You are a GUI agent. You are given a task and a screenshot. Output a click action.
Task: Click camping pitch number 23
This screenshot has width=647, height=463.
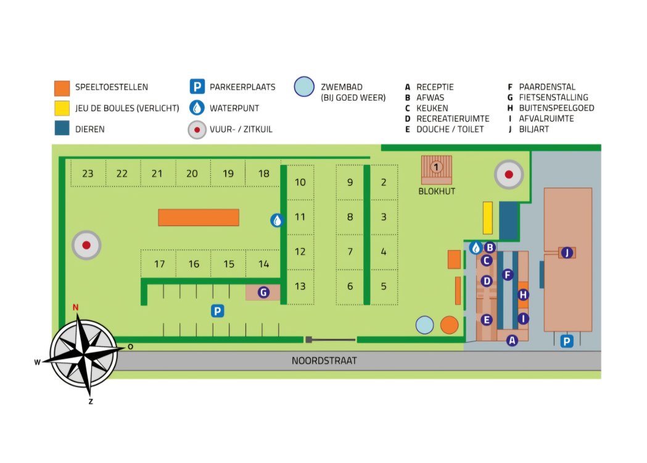[x=88, y=173]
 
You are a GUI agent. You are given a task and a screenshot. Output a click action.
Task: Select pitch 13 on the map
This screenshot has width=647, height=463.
[x=300, y=286]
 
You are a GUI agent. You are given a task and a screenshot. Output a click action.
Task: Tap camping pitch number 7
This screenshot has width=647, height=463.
[x=350, y=251]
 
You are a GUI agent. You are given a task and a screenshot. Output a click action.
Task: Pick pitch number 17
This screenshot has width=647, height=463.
[x=159, y=264]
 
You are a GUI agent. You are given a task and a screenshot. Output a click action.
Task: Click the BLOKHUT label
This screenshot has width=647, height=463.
[x=437, y=191]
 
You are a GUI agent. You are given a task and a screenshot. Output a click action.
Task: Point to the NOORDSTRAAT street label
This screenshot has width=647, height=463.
[x=324, y=361]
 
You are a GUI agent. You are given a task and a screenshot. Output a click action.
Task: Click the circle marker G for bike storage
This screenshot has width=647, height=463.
[x=263, y=293]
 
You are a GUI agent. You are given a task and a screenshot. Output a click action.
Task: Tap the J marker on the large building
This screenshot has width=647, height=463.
[x=567, y=252]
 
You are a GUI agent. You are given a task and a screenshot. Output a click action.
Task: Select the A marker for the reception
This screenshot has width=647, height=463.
[x=512, y=340]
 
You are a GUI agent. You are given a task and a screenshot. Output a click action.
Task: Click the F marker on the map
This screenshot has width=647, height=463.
[x=508, y=275]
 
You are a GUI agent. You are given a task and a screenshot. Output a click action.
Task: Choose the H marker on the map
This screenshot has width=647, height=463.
[x=523, y=295]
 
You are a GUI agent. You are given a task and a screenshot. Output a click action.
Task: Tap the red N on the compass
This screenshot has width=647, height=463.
[x=75, y=307]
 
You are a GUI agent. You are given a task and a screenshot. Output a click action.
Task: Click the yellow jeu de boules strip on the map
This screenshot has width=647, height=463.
[x=488, y=218]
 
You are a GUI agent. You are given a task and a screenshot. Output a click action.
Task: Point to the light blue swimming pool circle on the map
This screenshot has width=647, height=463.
[x=424, y=325]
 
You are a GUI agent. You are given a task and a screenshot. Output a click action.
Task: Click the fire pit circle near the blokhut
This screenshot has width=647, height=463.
[x=509, y=174]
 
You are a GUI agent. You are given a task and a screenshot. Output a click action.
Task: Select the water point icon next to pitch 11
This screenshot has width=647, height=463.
[x=277, y=220]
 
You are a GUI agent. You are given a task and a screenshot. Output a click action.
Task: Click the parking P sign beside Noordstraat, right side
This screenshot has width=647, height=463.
[x=567, y=341]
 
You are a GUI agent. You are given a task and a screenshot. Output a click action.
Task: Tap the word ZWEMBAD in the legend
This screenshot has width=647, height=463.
[x=342, y=87]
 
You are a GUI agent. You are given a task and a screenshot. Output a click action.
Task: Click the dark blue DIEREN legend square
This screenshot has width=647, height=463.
[x=62, y=128]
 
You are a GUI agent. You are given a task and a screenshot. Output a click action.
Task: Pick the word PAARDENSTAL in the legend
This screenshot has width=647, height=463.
[x=546, y=87]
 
